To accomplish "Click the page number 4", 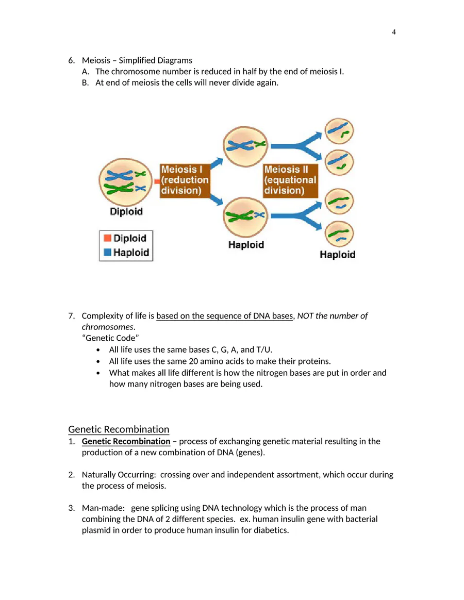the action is pyautogui.click(x=393, y=32).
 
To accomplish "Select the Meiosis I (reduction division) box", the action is pyautogui.click(x=185, y=180).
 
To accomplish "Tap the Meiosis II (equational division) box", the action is pyautogui.click(x=291, y=180).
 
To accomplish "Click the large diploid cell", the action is pyautogui.click(x=126, y=182).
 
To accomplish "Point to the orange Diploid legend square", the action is pyautogui.click(x=108, y=238).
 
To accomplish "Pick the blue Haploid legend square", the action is pyautogui.click(x=108, y=252).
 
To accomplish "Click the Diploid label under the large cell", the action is pyautogui.click(x=126, y=212).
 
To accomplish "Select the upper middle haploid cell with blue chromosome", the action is pyautogui.click(x=245, y=146).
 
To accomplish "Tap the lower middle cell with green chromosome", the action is pyautogui.click(x=245, y=217).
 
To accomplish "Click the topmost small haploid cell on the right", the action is pyautogui.click(x=339, y=131).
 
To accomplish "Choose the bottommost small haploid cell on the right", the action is pyautogui.click(x=339, y=234).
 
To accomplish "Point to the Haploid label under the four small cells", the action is pyautogui.click(x=338, y=255).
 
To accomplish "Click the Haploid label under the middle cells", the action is pyautogui.click(x=246, y=245).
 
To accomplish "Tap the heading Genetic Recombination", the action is pyautogui.click(x=119, y=429).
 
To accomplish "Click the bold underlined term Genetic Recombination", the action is pyautogui.click(x=126, y=441).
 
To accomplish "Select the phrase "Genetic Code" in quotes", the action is pyautogui.click(x=110, y=338).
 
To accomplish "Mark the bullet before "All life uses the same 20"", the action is pyautogui.click(x=98, y=362).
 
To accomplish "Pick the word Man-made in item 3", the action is pyautogui.click(x=103, y=508).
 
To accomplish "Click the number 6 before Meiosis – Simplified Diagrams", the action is pyautogui.click(x=72, y=60).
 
